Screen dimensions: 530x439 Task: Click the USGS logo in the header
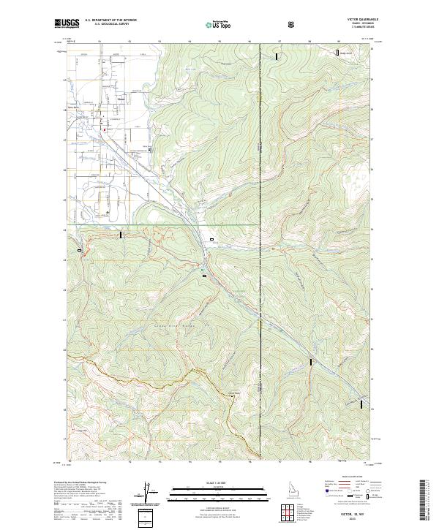[x=67, y=23]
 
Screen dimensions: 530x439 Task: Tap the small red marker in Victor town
[x=104, y=131]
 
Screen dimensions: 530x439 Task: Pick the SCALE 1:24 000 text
[x=219, y=483]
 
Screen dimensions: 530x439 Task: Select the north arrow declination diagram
[x=144, y=498]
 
